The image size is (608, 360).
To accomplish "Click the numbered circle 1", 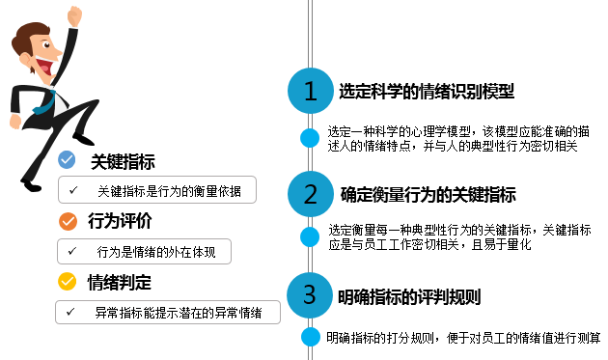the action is tap(310, 91).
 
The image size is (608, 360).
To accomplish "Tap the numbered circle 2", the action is tap(310, 194).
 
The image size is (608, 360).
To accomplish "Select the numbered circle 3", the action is tap(310, 295).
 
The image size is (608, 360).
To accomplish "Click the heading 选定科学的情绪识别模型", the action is tap(427, 92).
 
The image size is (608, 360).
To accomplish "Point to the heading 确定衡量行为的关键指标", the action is tap(428, 195).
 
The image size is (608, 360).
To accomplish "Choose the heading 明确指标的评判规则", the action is tap(409, 297).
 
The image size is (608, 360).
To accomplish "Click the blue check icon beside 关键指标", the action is tap(67, 159).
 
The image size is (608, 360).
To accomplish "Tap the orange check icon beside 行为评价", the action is tap(68, 221).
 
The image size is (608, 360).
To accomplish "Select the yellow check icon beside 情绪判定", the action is tap(68, 281).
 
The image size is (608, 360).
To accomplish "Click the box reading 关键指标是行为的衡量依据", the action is tap(157, 190).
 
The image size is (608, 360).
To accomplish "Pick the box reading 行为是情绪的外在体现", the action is tap(144, 251).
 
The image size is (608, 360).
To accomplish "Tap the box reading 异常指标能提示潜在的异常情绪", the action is tap(168, 312).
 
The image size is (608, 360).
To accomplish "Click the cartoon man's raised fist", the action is tap(74, 16).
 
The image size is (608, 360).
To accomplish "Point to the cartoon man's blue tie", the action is tap(45, 102).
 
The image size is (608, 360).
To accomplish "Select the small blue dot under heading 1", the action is tap(310, 138).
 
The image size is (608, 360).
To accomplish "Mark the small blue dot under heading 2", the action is tap(310, 236).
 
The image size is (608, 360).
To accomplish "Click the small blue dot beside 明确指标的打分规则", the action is tap(311, 336).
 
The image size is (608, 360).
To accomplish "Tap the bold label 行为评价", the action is tap(120, 221).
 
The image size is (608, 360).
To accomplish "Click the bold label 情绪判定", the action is tap(120, 282).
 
